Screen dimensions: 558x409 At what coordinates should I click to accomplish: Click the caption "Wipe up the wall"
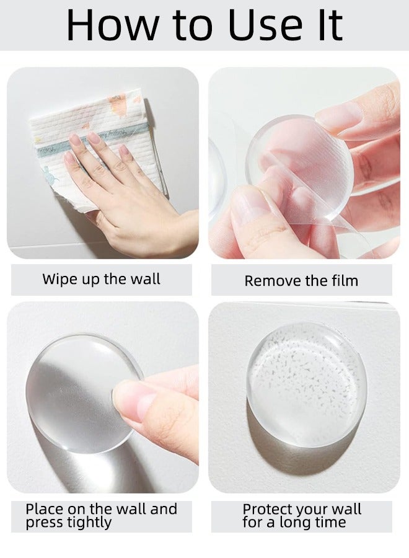pos(101,279)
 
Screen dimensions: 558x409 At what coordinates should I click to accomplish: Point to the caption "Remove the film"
pos(301,281)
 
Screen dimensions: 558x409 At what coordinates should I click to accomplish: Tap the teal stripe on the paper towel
pos(93,140)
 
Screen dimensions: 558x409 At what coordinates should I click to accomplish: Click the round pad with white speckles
pos(307,384)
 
